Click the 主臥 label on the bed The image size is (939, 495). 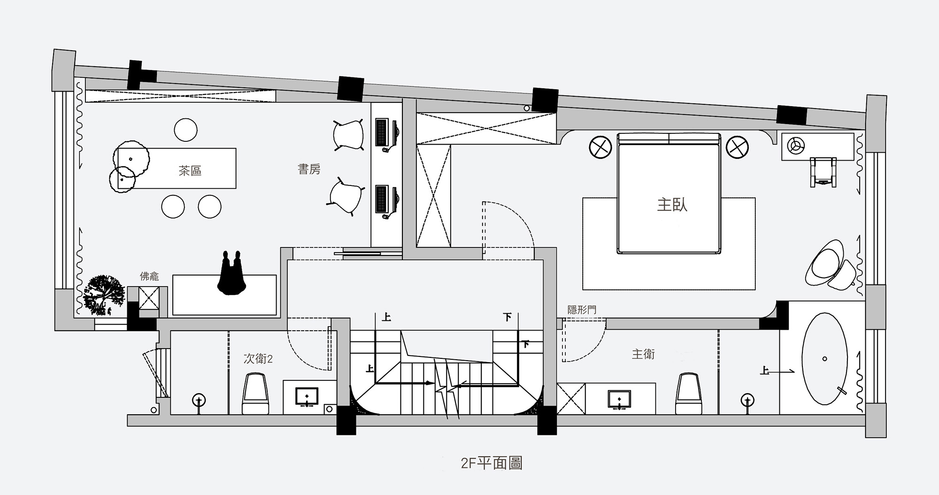[x=672, y=205]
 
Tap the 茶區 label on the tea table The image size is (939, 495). [x=190, y=170]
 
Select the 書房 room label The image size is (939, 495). [x=309, y=169]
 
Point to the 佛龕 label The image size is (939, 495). [x=149, y=276]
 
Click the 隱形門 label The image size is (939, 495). [x=582, y=310]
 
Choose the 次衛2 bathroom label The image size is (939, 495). [x=258, y=359]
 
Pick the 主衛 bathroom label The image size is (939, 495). [x=643, y=354]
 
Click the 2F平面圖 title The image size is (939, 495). [x=492, y=464]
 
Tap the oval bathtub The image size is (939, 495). [x=824, y=359]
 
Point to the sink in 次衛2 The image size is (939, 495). [x=307, y=397]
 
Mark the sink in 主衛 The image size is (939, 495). [x=619, y=399]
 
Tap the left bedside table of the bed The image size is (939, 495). [x=600, y=147]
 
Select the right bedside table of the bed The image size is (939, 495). [x=737, y=147]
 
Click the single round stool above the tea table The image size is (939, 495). [x=185, y=130]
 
